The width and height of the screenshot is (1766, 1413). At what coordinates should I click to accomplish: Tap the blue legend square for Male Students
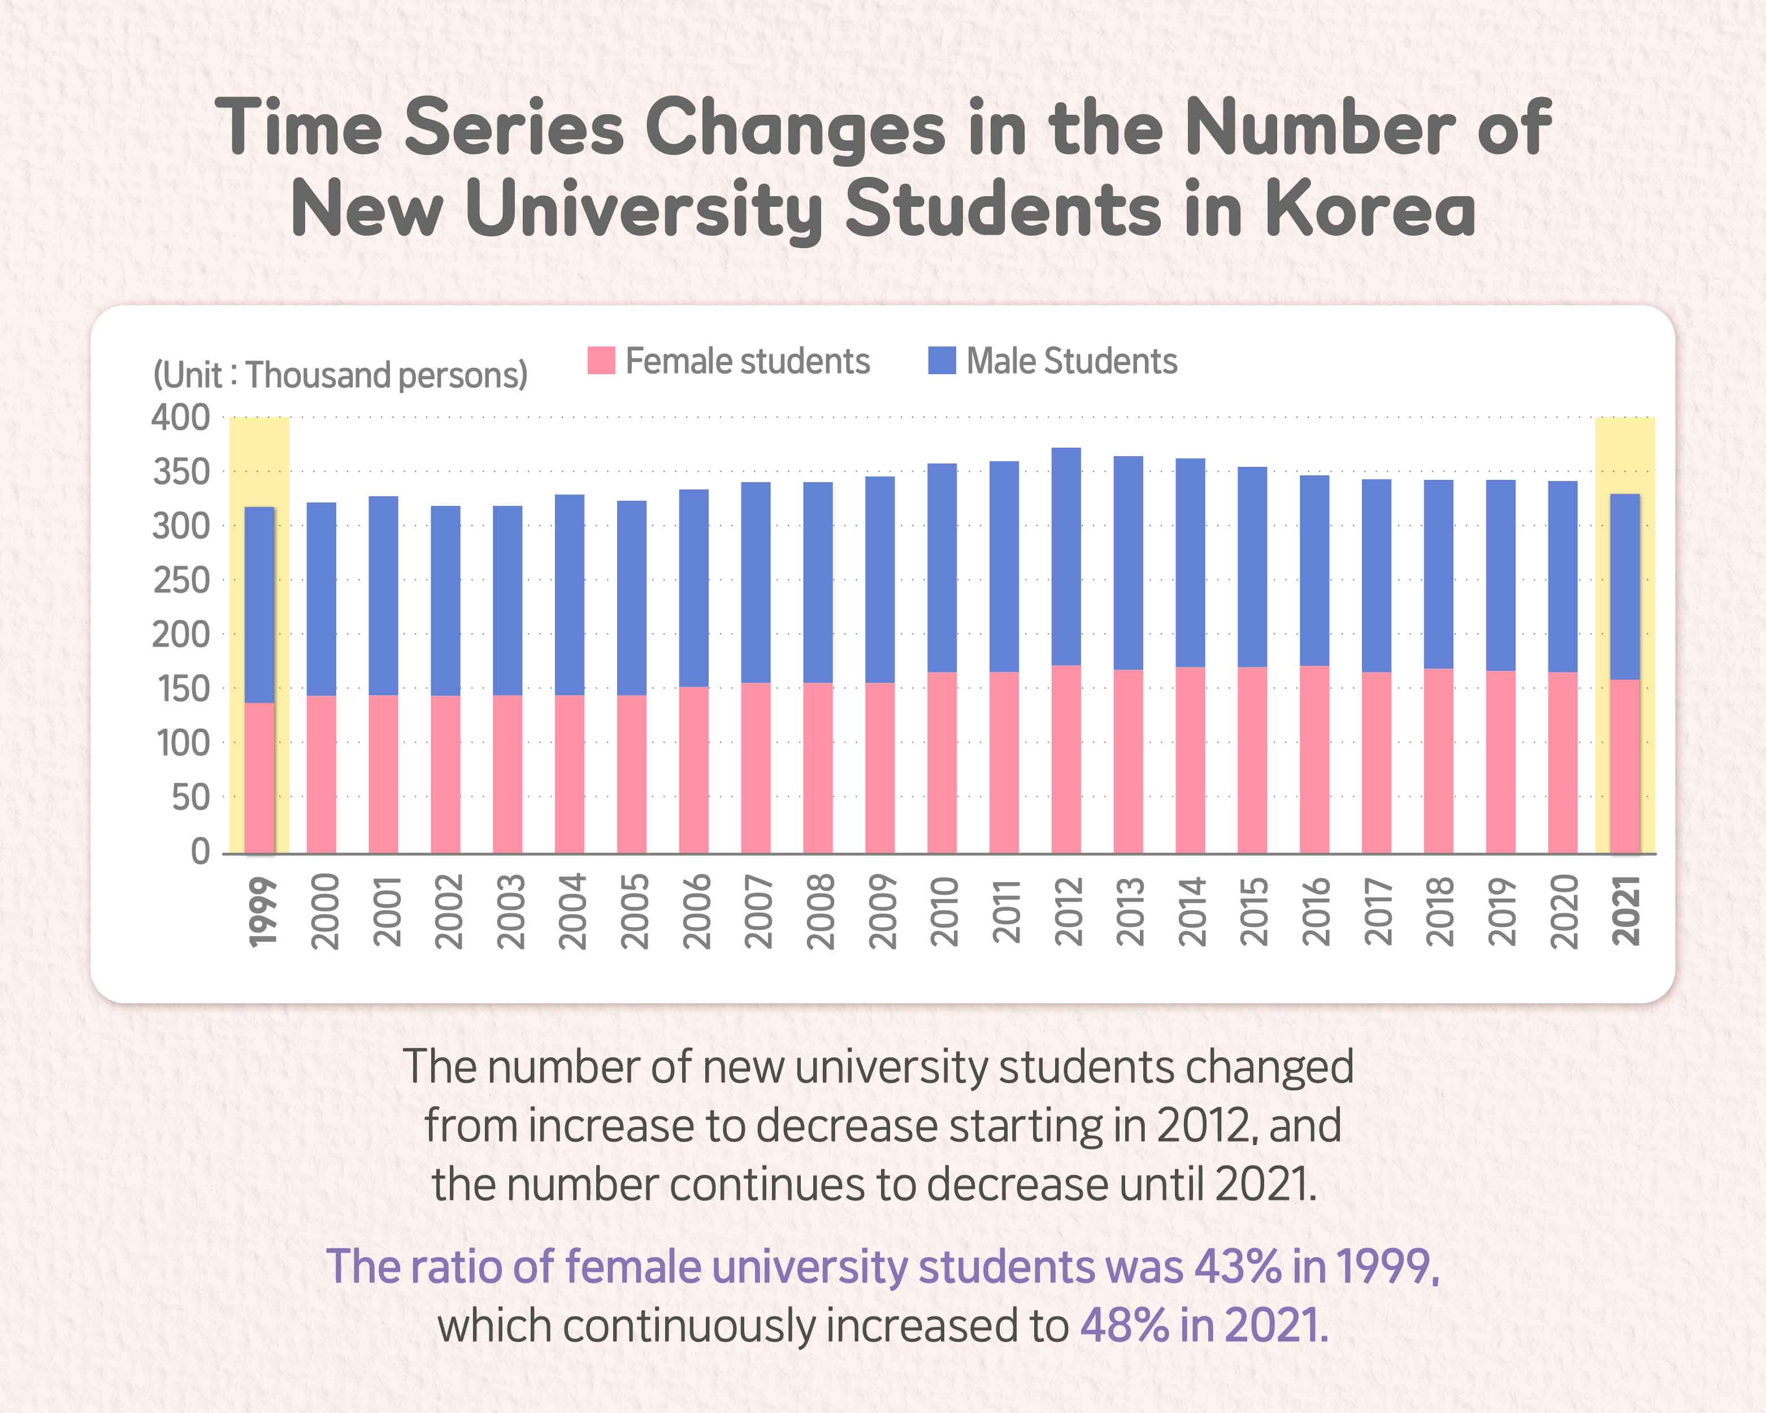click(942, 361)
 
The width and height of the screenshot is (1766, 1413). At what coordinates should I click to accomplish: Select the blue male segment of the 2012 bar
click(1066, 557)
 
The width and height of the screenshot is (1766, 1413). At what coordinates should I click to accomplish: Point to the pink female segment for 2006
click(694, 769)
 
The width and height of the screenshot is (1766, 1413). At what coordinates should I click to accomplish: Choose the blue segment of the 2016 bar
click(1314, 570)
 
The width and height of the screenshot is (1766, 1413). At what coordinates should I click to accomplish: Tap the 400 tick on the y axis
click(181, 418)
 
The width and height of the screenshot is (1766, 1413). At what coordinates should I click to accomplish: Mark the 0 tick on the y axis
click(201, 852)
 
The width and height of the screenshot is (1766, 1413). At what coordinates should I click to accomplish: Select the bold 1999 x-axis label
click(263, 912)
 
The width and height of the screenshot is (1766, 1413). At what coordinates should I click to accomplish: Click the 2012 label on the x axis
click(1068, 912)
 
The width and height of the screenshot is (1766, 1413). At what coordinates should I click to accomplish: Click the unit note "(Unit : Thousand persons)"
click(340, 375)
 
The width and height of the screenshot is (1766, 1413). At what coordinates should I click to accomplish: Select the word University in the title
click(644, 209)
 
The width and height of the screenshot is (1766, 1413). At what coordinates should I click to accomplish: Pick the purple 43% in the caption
click(1237, 1267)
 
